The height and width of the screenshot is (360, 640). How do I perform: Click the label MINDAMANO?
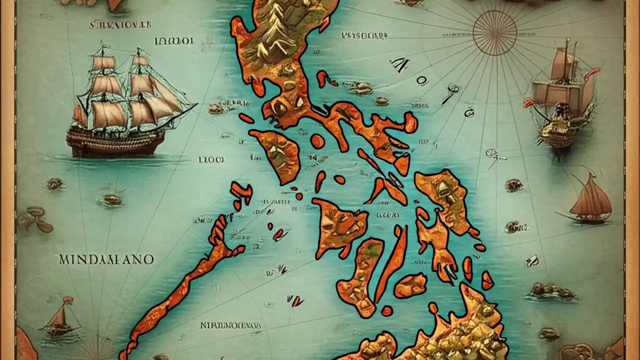(x=107, y=259)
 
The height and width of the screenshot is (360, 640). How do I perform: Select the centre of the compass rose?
(x=494, y=33)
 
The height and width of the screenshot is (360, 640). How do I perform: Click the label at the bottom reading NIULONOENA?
(x=230, y=325)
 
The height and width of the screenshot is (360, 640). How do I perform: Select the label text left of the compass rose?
(x=363, y=36)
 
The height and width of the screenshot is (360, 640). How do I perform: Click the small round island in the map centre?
(x=317, y=141)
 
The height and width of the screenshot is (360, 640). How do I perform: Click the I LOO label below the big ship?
(x=211, y=160)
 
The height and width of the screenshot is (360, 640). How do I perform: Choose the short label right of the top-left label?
(x=174, y=41)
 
